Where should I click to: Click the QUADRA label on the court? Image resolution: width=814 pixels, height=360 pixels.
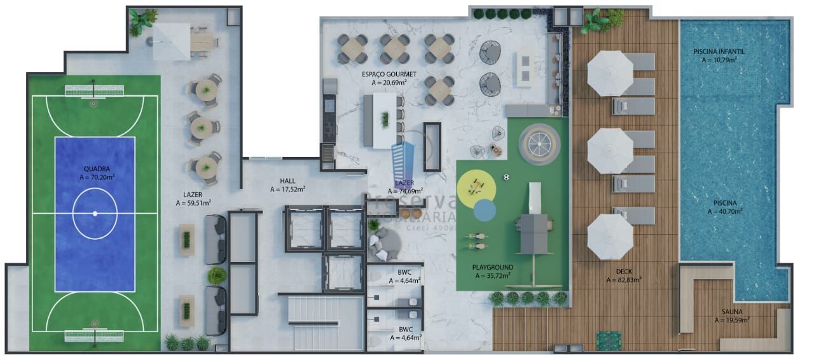pyautogui.click(x=96, y=169)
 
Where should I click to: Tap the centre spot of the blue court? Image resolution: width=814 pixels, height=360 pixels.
pyautogui.click(x=95, y=213)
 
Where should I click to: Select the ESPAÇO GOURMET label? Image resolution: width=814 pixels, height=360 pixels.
pyautogui.click(x=389, y=74)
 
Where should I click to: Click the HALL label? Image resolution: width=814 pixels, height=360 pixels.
pyautogui.click(x=287, y=181)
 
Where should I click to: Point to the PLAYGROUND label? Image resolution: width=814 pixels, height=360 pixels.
pyautogui.click(x=492, y=268)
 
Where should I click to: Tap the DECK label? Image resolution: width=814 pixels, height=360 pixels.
pyautogui.click(x=623, y=272)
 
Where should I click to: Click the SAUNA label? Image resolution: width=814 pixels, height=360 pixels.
pyautogui.click(x=731, y=312)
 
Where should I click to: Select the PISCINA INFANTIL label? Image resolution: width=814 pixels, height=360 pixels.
pyautogui.click(x=719, y=52)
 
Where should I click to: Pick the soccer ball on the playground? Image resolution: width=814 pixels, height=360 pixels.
pyautogui.click(x=506, y=177)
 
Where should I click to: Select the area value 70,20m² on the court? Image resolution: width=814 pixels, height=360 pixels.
pyautogui.click(x=96, y=177)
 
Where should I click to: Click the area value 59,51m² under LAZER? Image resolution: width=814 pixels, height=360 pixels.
pyautogui.click(x=193, y=204)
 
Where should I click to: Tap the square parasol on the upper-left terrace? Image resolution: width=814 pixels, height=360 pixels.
pyautogui.click(x=171, y=41)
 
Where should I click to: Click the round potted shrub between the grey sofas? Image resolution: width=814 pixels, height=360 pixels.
pyautogui.click(x=216, y=275)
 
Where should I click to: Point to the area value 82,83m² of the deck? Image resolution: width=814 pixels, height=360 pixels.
pyautogui.click(x=623, y=279)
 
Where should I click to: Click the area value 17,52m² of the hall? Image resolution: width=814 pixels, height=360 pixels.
pyautogui.click(x=287, y=189)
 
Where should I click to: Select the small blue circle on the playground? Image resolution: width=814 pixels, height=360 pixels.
pyautogui.click(x=485, y=209)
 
